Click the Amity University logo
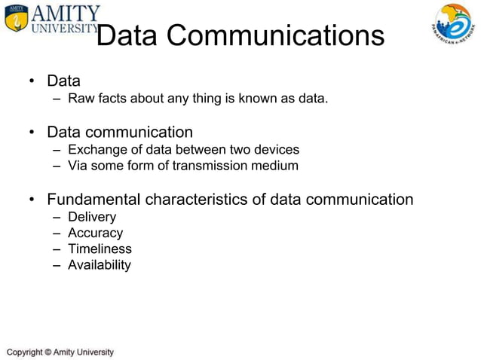(x=51, y=20)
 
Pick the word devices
(x=276, y=149)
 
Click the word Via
(x=78, y=166)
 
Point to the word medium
(x=276, y=166)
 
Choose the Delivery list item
(x=92, y=217)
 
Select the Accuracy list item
(x=95, y=233)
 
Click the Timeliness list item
(x=100, y=249)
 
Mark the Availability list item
(x=99, y=265)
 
